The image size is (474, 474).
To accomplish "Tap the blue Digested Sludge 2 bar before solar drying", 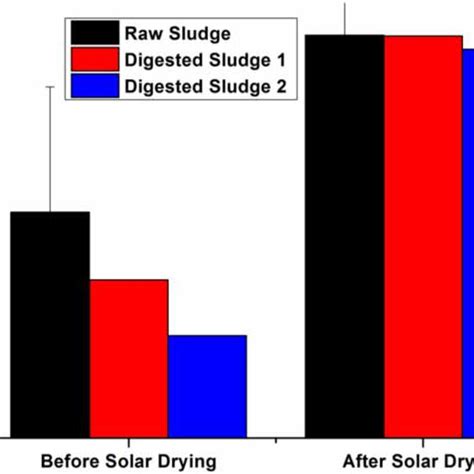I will (206, 384).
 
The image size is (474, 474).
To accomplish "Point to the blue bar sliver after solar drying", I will (467, 240).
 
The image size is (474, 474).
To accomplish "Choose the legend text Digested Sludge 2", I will (205, 87).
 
